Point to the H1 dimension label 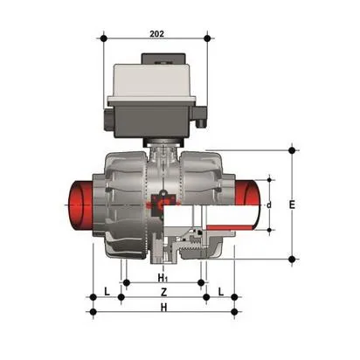163,277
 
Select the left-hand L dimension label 106,290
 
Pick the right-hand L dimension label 220,290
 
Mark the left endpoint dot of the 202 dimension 103,38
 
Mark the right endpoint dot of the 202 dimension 207,38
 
